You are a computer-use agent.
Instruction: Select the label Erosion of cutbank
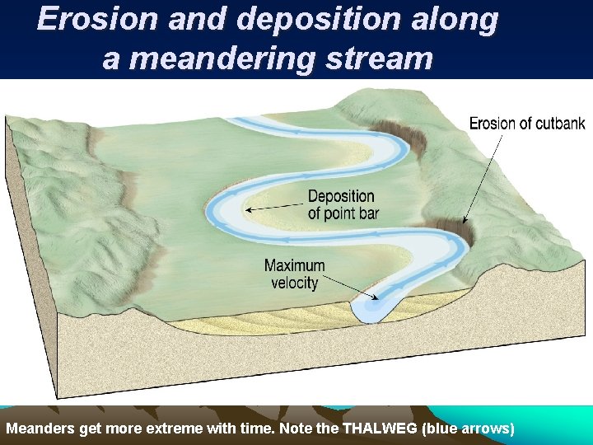coord(527,124)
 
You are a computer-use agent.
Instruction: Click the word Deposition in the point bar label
coord(341,197)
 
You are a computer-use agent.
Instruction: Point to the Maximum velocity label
coord(294,274)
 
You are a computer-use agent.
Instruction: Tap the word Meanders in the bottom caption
coord(39,429)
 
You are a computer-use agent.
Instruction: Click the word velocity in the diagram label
coord(294,283)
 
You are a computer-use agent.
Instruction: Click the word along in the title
coord(454,20)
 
